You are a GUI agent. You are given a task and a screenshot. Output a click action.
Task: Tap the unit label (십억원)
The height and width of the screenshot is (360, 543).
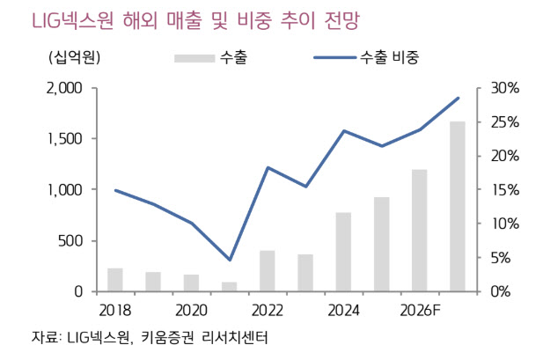click(74, 59)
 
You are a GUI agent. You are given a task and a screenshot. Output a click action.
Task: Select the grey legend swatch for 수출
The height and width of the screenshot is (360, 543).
click(196, 59)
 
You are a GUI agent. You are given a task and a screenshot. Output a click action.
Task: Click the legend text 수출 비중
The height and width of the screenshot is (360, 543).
click(389, 59)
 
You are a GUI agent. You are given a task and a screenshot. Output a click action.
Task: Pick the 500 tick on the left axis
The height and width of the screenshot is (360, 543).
click(70, 240)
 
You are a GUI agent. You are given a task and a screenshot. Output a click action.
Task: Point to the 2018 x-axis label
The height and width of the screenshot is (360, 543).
click(115, 310)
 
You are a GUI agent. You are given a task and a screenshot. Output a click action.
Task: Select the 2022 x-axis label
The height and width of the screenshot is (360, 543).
click(268, 310)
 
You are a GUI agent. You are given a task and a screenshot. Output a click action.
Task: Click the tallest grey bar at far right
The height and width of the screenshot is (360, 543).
click(458, 207)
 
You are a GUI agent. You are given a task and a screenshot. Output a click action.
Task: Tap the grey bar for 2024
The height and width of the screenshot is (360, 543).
click(343, 252)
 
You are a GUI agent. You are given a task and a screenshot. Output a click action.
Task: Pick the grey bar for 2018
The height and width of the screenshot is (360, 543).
click(115, 280)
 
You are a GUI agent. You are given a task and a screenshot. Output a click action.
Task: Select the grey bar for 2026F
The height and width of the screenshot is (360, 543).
click(420, 231)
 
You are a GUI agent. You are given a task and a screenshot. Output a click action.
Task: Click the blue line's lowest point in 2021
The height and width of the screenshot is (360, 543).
click(230, 260)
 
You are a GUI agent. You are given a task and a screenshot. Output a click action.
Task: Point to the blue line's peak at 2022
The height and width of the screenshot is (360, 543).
click(268, 167)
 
